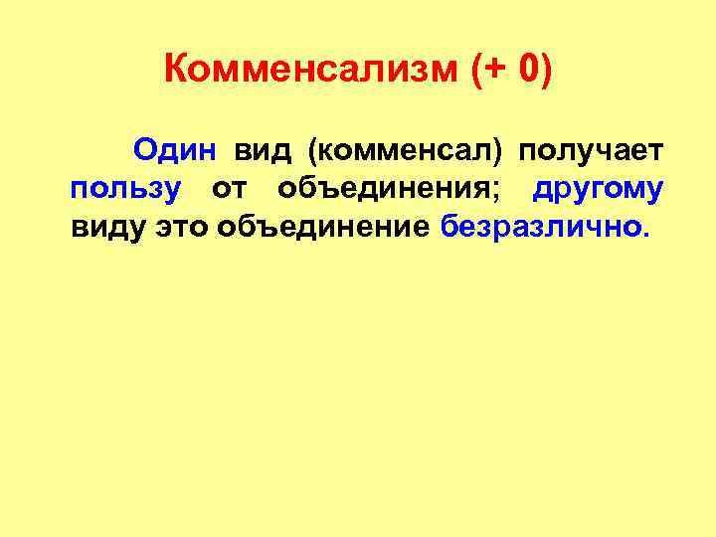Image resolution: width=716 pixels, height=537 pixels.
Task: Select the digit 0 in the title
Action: (526, 70)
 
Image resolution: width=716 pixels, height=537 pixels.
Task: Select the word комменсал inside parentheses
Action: (404, 151)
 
